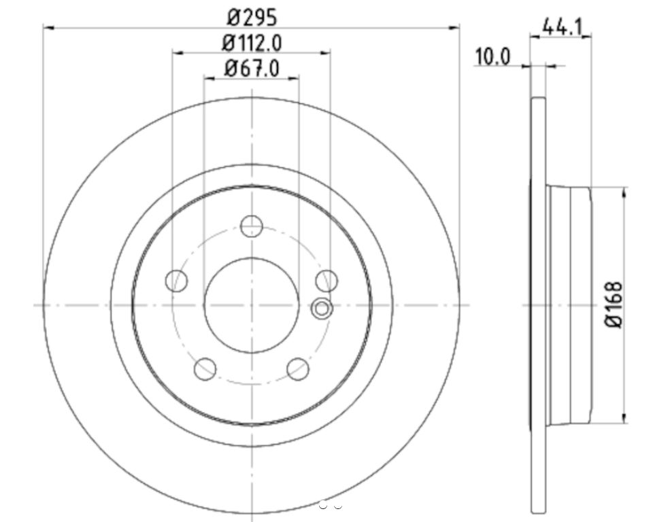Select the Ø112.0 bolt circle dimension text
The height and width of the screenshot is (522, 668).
click(x=252, y=43)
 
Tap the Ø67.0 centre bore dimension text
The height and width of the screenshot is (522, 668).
click(x=252, y=68)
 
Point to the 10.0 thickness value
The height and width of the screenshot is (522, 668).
click(x=492, y=56)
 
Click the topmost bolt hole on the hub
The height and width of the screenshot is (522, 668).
click(x=252, y=226)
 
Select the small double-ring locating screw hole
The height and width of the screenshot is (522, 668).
click(x=322, y=309)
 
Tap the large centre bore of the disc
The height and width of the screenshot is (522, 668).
click(x=252, y=305)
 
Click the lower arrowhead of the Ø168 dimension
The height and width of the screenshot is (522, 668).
click(x=624, y=417)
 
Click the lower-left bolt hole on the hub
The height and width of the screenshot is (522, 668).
click(x=205, y=369)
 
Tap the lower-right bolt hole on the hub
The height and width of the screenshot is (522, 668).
click(x=298, y=369)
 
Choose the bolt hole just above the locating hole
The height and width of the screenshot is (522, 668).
click(x=327, y=279)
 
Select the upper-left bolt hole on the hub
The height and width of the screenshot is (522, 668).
click(x=177, y=280)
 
